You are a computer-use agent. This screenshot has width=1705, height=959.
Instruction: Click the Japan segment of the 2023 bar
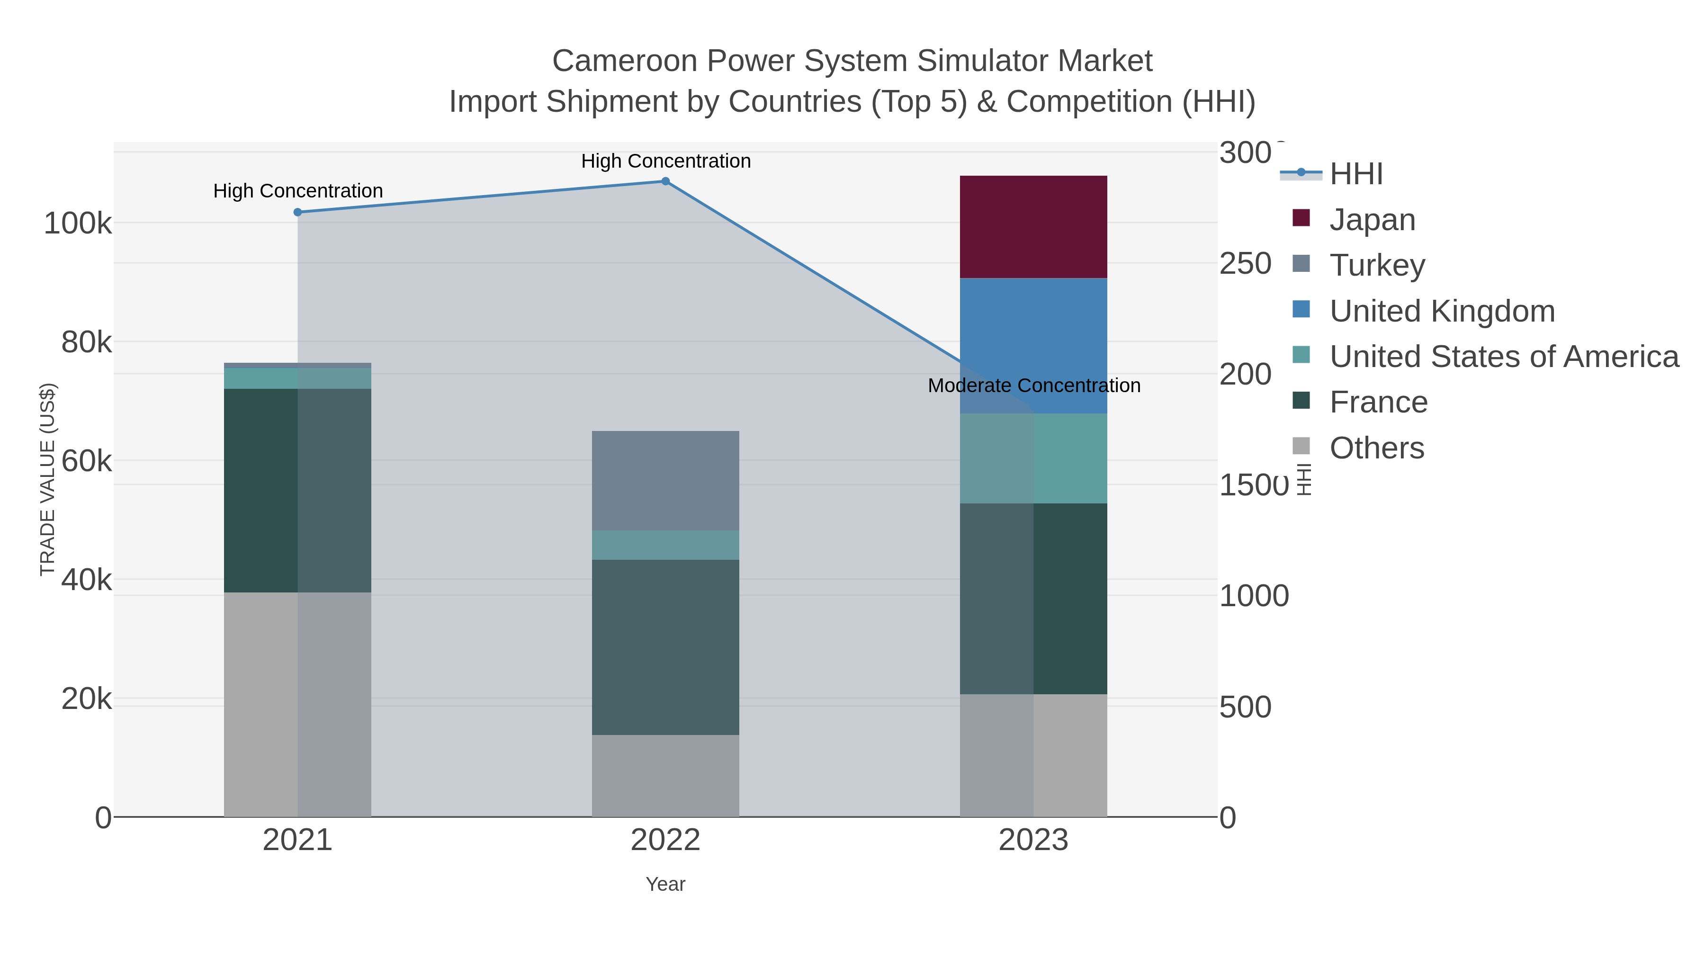coord(1033,227)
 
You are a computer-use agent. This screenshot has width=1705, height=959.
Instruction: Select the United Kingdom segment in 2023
coord(1033,331)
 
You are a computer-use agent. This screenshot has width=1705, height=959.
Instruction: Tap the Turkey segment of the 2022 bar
coord(665,481)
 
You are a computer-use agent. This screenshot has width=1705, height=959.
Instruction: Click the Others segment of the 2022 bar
coord(665,776)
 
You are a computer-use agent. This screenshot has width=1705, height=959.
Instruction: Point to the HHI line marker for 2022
coord(666,181)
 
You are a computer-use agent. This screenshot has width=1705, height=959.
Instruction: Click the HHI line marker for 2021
coord(298,213)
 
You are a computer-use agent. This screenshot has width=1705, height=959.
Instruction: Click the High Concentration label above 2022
coord(666,161)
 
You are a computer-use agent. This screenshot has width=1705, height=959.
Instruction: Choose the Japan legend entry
coord(1372,220)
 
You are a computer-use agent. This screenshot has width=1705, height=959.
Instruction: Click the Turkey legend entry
coord(1377,265)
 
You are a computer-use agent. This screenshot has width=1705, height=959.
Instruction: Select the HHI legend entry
coord(1355,174)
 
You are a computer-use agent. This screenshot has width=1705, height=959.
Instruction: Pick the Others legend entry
coord(1376,448)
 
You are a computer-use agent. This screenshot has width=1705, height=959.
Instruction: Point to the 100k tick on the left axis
coord(78,224)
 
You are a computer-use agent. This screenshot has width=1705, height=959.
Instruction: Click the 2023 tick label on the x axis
coord(1033,841)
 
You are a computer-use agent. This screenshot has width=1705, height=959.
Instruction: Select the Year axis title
coord(665,884)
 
